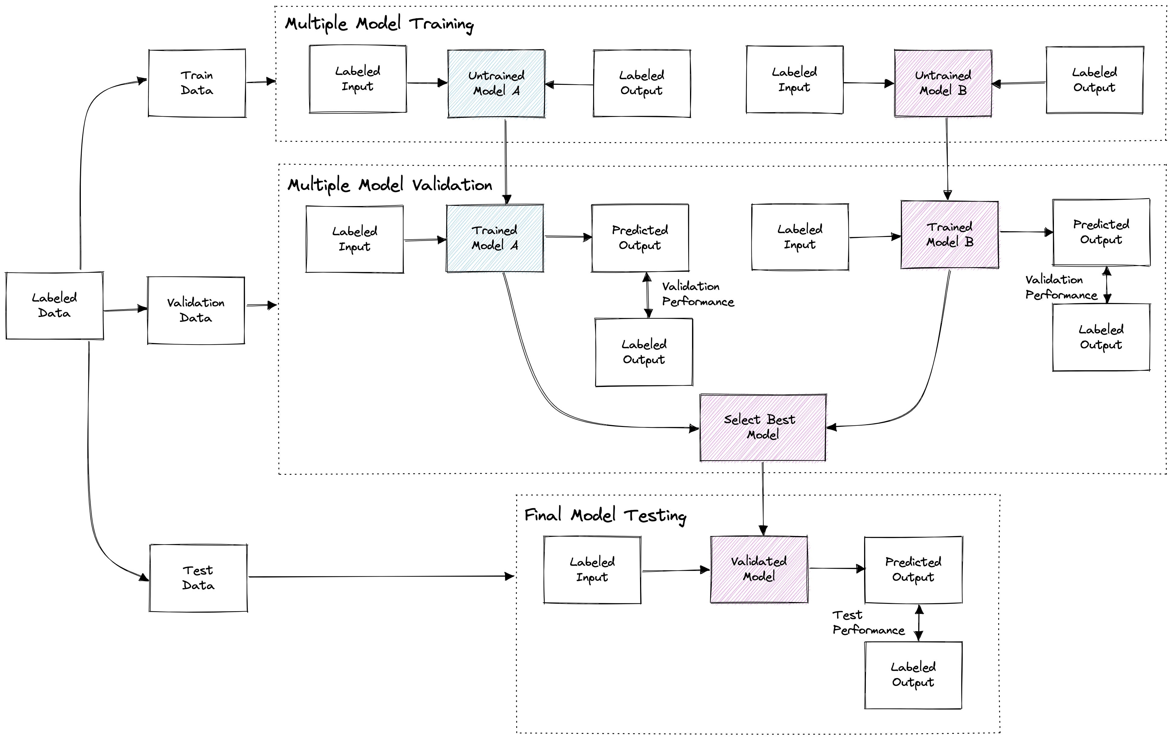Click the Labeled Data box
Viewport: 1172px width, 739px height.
point(54,305)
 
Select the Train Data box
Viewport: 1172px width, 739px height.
point(196,83)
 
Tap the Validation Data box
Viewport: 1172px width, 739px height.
point(196,310)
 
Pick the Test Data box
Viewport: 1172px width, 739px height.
point(198,578)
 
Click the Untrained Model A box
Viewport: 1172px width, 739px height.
point(496,83)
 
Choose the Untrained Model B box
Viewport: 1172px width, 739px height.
point(943,83)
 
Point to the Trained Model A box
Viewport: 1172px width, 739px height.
point(494,238)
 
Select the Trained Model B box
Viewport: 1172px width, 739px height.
point(949,234)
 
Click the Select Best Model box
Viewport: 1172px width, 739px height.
point(763,427)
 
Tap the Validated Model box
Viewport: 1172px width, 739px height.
point(759,569)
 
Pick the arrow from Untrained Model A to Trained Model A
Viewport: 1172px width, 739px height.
point(506,161)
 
